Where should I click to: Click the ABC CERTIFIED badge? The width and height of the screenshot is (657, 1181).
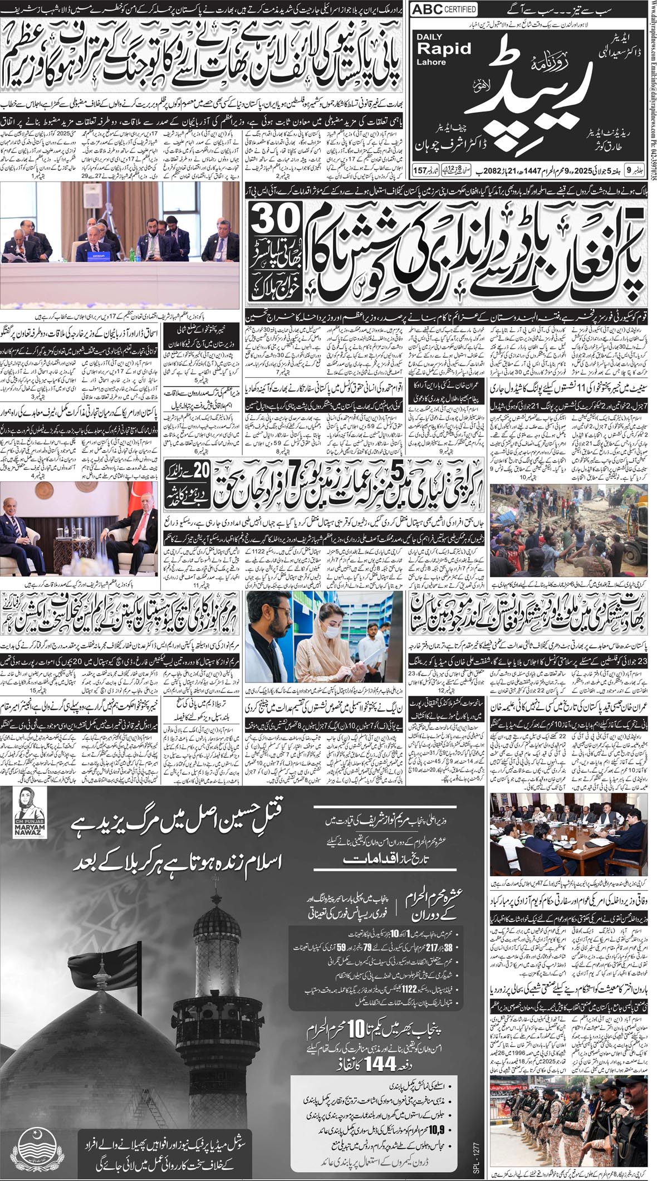[443, 9]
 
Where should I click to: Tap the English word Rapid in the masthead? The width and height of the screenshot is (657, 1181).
[445, 48]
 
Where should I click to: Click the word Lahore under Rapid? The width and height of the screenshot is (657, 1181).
[431, 62]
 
